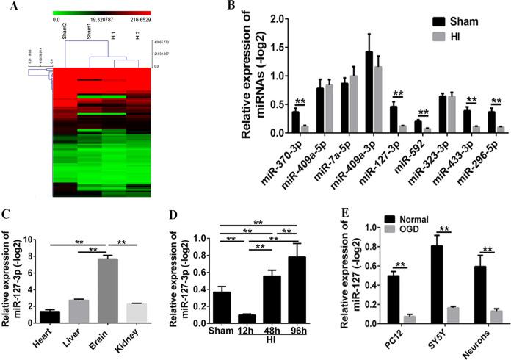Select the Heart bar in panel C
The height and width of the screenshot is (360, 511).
click(x=50, y=317)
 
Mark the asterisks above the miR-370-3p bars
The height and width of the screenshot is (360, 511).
click(x=300, y=102)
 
